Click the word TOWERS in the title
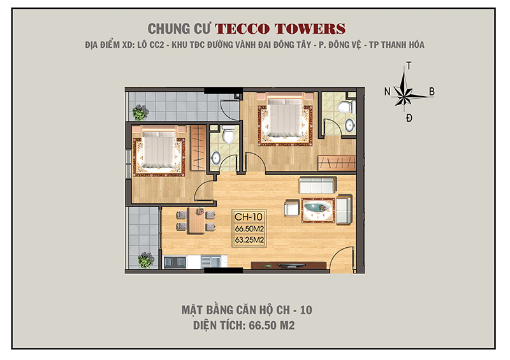click(x=312, y=29)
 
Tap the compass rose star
click(x=408, y=93)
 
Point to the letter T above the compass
click(x=409, y=66)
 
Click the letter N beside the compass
click(x=387, y=92)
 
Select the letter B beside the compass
click(x=432, y=92)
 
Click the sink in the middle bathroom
click(x=215, y=157)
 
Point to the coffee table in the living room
click(x=317, y=208)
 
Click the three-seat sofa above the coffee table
click(x=317, y=185)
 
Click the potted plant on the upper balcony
click(x=140, y=113)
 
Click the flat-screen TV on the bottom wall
click(x=285, y=264)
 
